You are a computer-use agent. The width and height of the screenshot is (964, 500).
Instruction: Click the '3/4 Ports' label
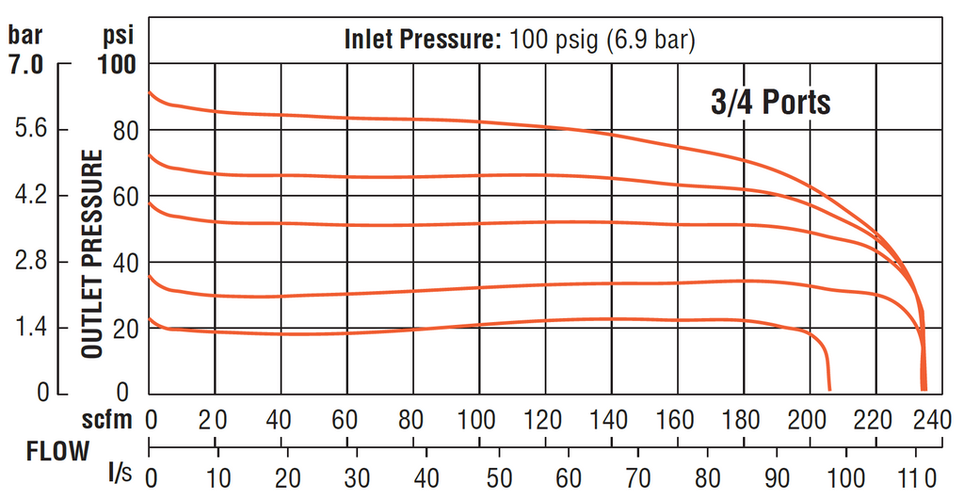click(770, 101)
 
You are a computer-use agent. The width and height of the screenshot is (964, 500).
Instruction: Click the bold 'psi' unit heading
click(118, 36)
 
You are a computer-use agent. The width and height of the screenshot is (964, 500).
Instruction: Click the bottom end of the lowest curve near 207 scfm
click(828, 388)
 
